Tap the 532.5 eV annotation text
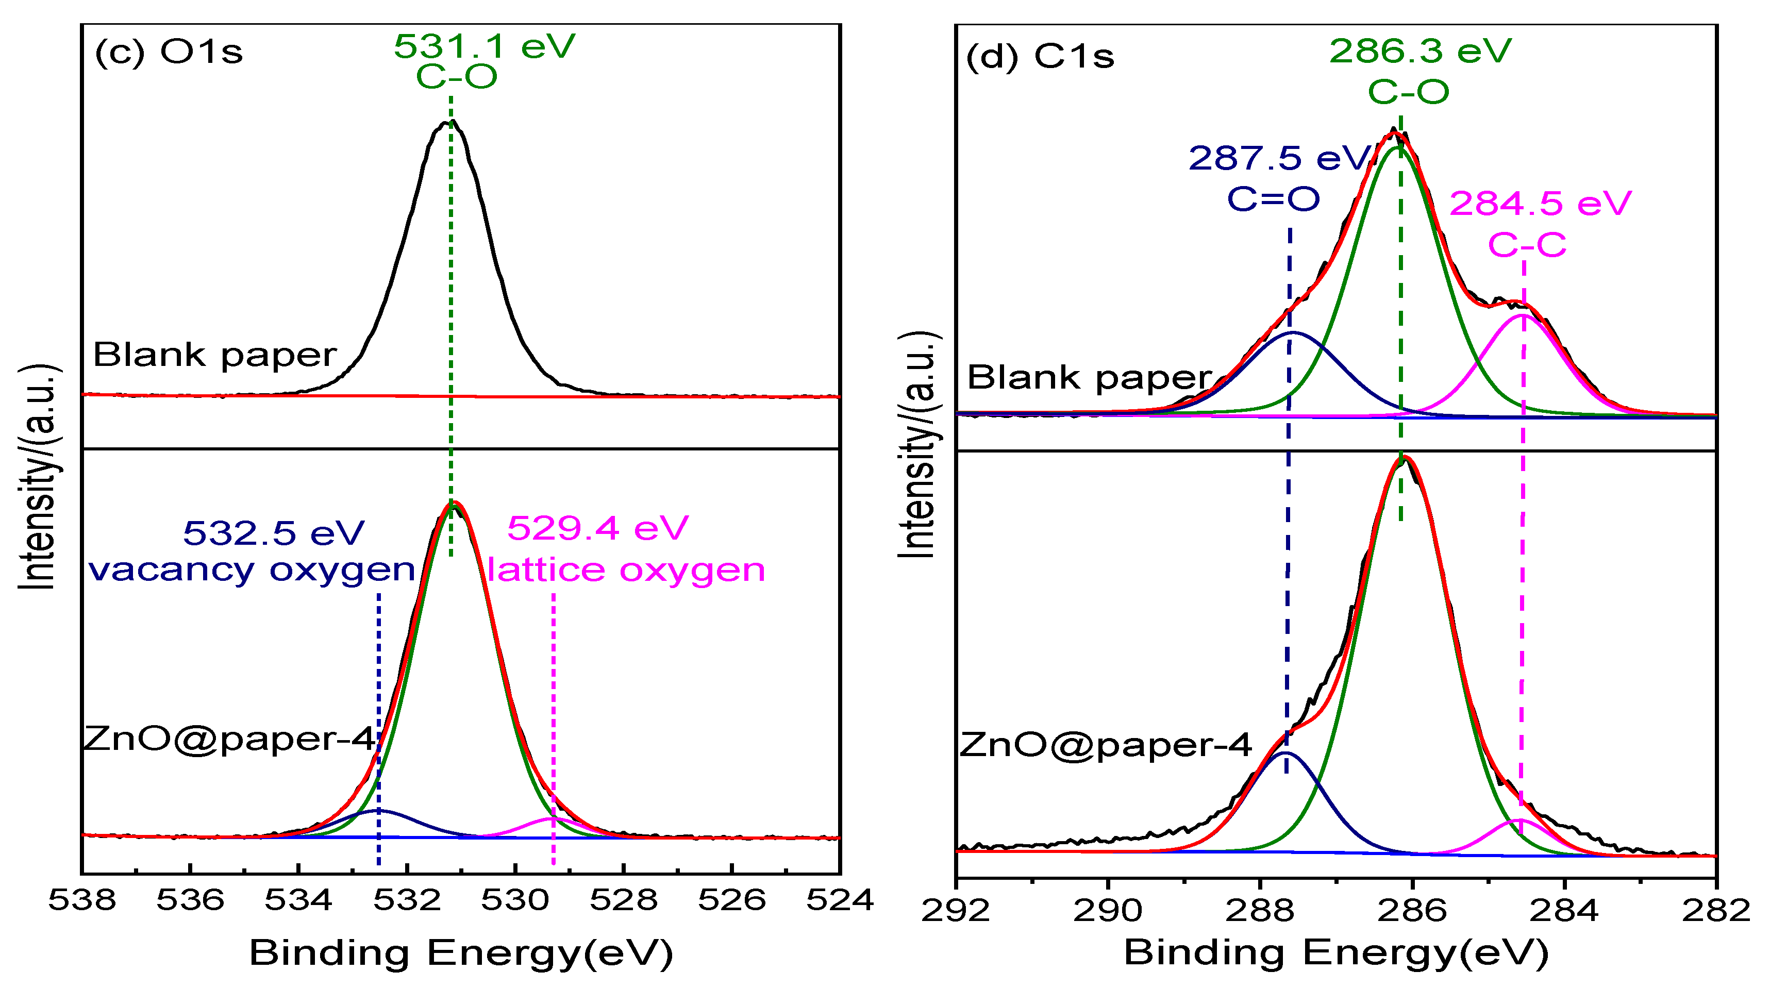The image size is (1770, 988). tap(274, 533)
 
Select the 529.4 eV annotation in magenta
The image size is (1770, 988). tap(598, 528)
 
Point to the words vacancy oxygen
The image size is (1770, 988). tap(252, 570)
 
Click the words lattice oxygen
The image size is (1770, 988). tap(626, 570)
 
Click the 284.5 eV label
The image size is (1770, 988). tap(1540, 204)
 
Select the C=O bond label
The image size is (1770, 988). tap(1273, 199)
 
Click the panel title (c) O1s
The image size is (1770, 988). tap(169, 52)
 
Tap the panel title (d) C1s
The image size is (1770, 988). tap(1040, 56)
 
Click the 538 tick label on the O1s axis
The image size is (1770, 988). tap(82, 900)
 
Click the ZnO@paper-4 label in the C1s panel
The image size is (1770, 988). tap(1106, 745)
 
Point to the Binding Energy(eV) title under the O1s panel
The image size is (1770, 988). tap(461, 953)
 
